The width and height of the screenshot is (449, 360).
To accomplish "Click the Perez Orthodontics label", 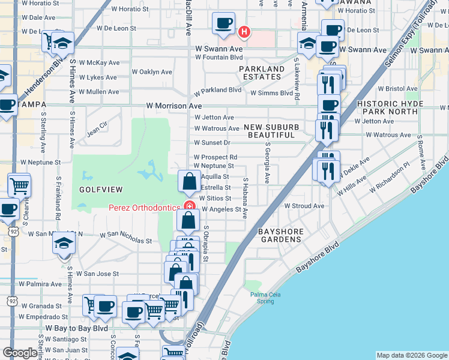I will tap(144, 208).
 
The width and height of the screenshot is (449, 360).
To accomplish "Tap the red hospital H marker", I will tap(244, 31).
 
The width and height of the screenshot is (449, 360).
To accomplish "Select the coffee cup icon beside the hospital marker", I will tap(224, 24).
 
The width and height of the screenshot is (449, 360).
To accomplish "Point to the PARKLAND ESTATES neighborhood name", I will tap(262, 73).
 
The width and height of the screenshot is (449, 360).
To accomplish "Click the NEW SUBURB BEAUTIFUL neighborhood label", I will tap(271, 131).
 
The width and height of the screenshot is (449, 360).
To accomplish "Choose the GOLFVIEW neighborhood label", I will tap(101, 190).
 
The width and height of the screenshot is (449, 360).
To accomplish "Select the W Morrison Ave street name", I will tap(174, 106).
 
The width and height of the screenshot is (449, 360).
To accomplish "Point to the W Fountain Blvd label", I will tap(218, 58).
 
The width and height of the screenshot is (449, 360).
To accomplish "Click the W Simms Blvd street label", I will tap(271, 93).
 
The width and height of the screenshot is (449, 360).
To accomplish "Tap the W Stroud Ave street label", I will tap(304, 206).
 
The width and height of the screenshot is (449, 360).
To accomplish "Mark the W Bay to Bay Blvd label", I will tap(77, 329).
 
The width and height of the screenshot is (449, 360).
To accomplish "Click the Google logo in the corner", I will tap(20, 353).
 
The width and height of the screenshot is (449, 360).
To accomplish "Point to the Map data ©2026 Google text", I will tap(411, 355).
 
